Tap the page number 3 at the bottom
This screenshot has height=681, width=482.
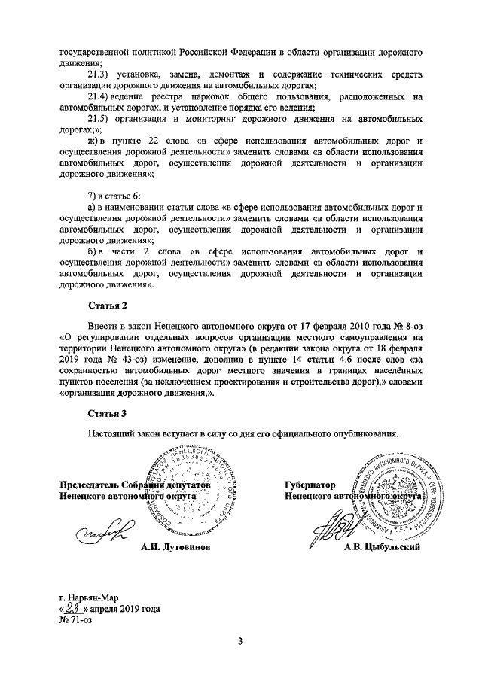tap(240, 640)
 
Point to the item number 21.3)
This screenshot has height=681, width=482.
tap(99, 76)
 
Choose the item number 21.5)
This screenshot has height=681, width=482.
tap(99, 119)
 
